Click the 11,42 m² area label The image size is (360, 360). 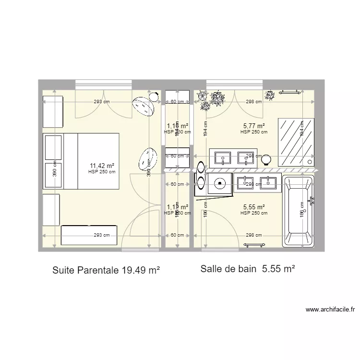[x=101, y=165]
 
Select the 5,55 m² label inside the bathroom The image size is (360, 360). [x=254, y=207]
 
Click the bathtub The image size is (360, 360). [x=298, y=211]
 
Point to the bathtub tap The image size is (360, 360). [x=312, y=201]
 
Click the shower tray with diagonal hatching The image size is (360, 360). [x=291, y=141]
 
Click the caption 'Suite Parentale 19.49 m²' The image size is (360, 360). [x=106, y=271]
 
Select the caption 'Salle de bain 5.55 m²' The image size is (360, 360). [x=248, y=270]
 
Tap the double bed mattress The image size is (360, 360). [x=98, y=161]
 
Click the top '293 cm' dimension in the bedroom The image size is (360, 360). [x=101, y=101]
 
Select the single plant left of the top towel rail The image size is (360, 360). [x=270, y=95]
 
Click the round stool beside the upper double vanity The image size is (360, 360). [x=266, y=159]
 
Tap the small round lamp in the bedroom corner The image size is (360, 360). [x=155, y=96]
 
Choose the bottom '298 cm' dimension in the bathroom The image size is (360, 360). [x=253, y=235]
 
